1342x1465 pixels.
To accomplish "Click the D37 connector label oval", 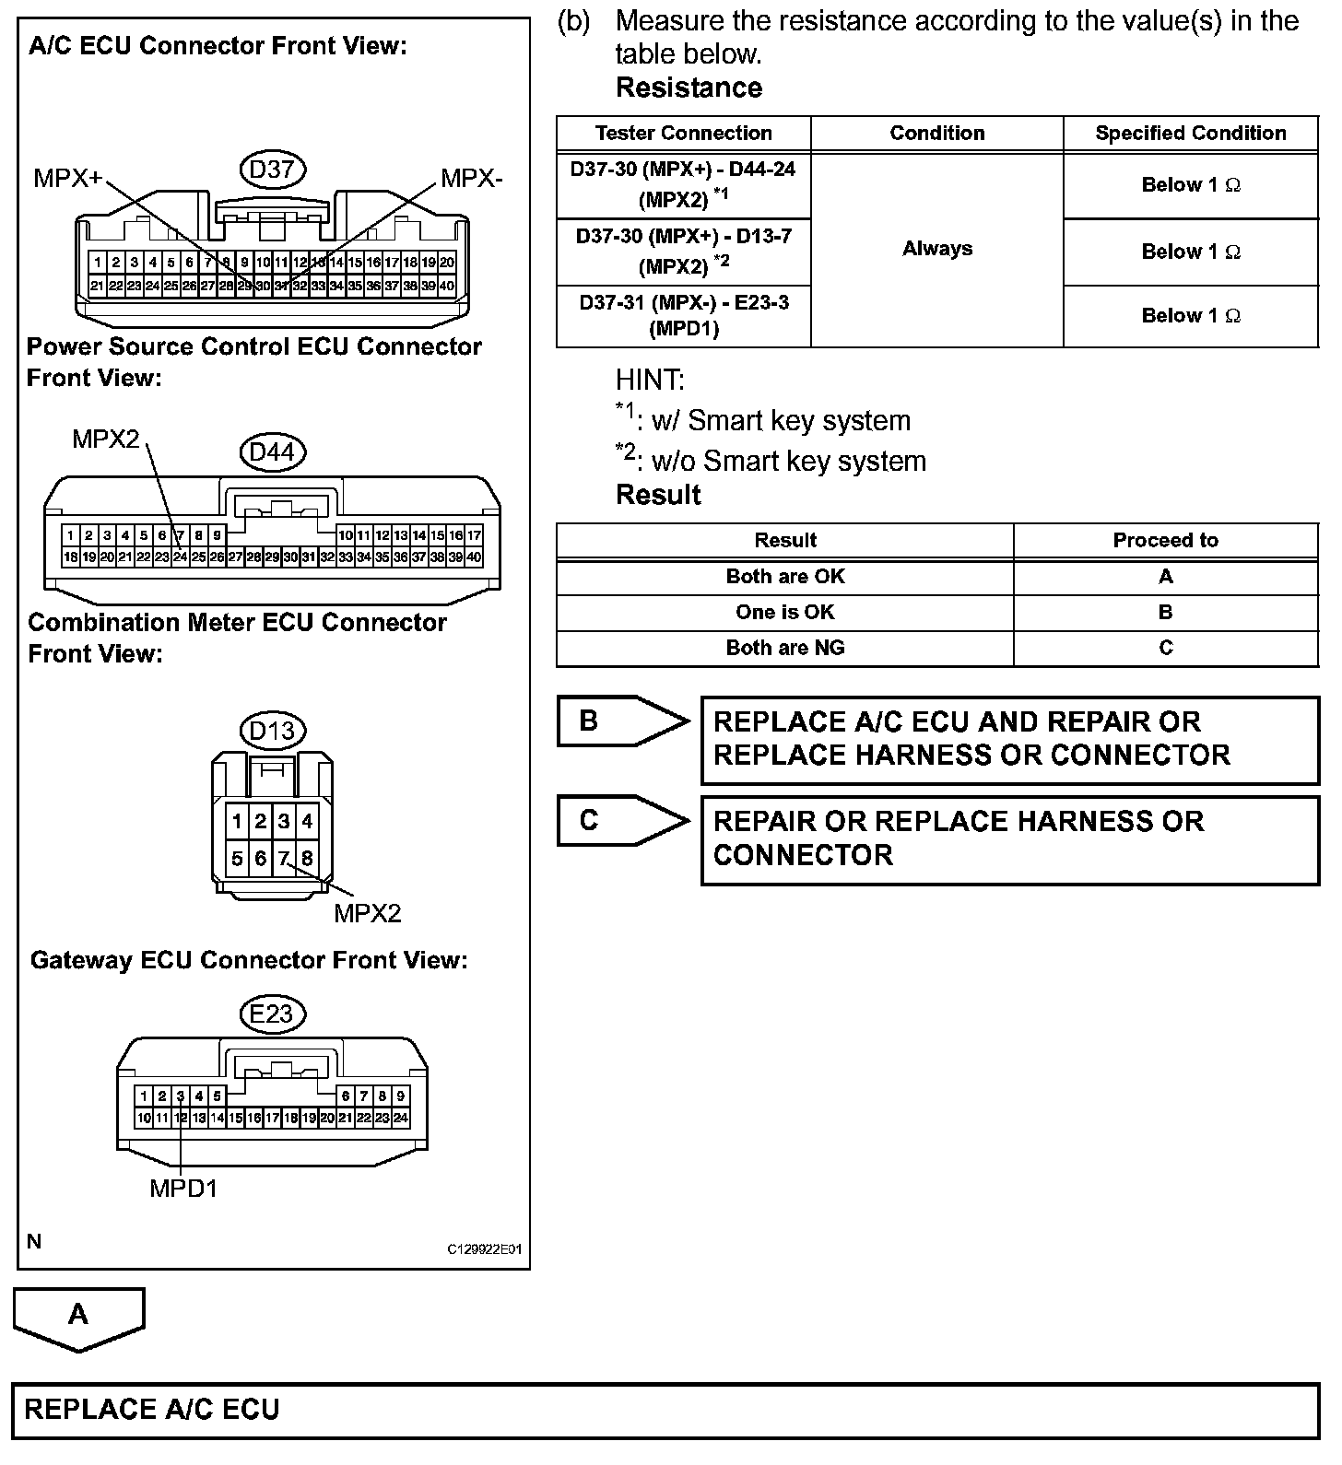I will pyautogui.click(x=272, y=169).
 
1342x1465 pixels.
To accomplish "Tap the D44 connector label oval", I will pyautogui.click(x=272, y=452).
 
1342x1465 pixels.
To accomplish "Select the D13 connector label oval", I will pyautogui.click(x=272, y=731).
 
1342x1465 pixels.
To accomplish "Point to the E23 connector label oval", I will pyautogui.click(x=272, y=1014).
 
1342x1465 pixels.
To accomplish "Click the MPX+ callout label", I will pyautogui.click(x=67, y=178).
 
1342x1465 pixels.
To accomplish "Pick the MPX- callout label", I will pyautogui.click(x=471, y=178).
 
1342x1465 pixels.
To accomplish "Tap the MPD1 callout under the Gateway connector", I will pyautogui.click(x=183, y=1189).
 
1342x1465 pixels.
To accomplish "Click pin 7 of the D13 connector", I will pyautogui.click(x=284, y=859).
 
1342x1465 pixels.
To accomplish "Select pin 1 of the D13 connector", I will pyautogui.click(x=238, y=821).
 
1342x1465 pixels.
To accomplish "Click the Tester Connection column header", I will pyautogui.click(x=683, y=133).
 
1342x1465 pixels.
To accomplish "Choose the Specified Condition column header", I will pyautogui.click(x=1190, y=133).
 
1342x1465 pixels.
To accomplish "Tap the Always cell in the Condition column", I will pyautogui.click(x=936, y=249).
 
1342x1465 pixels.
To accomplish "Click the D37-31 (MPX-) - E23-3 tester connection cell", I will pyautogui.click(x=683, y=315).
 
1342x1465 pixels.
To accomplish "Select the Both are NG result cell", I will pyautogui.click(x=784, y=648).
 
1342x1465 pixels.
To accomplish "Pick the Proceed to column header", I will pyautogui.click(x=1165, y=541).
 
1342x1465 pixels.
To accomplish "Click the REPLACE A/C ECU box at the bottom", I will pyautogui.click(x=665, y=1410).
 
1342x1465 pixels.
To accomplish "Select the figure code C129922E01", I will pyautogui.click(x=485, y=1249).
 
